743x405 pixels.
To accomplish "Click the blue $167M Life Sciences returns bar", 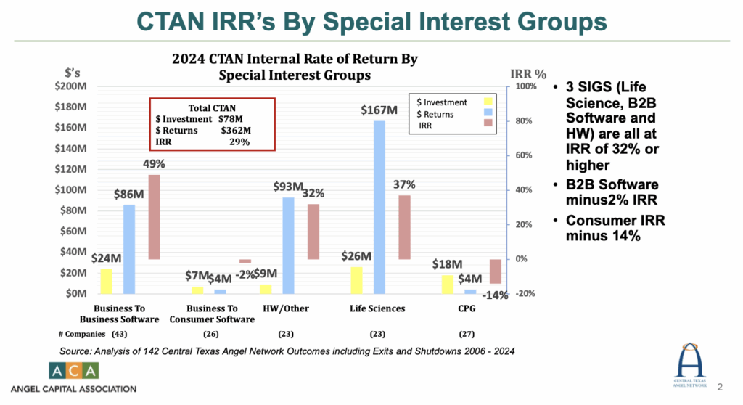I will pos(379,207).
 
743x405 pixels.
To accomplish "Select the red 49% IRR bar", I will pos(155,217).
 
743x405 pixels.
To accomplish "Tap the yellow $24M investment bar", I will pos(107,281).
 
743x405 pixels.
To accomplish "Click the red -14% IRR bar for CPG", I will pos(496,271).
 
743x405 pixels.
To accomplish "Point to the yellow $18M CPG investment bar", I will pos(448,284).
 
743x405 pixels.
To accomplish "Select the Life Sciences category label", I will pos(377,308).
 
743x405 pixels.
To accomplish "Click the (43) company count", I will pos(119,335).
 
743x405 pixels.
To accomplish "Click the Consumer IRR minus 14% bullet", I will pos(615,227).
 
